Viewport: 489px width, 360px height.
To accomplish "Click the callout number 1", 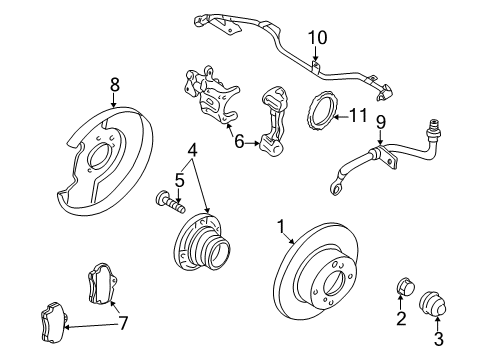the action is [x=281, y=227].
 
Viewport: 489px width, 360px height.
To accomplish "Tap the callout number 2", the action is [x=401, y=318].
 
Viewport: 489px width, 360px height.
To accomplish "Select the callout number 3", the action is [x=439, y=339].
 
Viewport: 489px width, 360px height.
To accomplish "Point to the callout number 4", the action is [x=192, y=150].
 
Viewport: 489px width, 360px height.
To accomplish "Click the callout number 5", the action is [x=179, y=181].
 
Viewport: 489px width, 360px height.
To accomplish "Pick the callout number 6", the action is [x=239, y=141].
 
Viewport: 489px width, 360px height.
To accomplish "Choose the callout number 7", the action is [x=123, y=323].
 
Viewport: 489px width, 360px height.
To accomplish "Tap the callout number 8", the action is [x=114, y=85].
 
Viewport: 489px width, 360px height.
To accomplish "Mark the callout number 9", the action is [x=381, y=122].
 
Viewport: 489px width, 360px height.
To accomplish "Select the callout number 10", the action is [x=317, y=38].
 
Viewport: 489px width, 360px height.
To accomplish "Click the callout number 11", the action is [x=358, y=115].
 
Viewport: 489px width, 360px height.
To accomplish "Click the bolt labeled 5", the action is [x=170, y=201].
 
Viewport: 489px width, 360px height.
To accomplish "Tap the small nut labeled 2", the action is [x=406, y=286].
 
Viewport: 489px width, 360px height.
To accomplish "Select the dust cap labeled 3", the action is [x=432, y=304].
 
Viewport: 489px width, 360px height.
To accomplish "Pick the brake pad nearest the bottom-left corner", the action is [x=53, y=322].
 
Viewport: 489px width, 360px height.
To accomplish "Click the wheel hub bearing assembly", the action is [x=202, y=242].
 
